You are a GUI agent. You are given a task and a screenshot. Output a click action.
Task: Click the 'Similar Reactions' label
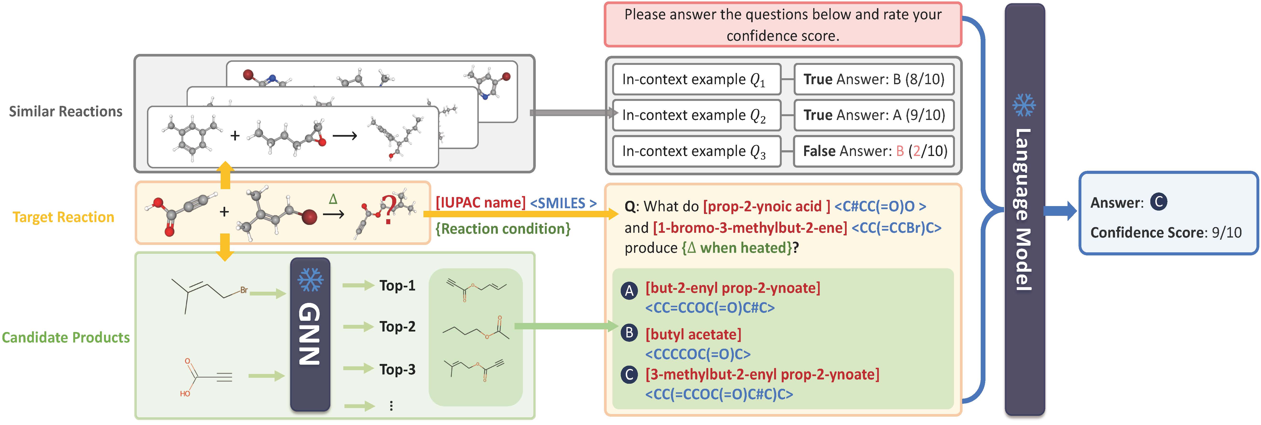coord(66,112)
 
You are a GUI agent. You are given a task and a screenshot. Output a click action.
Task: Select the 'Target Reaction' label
coord(63,217)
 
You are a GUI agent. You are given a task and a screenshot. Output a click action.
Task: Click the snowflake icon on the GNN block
coord(310,279)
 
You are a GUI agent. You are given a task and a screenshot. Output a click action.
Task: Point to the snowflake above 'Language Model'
coord(1024,105)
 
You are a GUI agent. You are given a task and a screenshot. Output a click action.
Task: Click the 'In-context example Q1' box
coord(696,79)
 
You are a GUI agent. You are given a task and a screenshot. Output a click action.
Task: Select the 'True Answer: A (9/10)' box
coord(874,115)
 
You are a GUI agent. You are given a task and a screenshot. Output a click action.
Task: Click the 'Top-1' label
coord(397,285)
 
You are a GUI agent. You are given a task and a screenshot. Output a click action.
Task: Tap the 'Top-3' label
coord(397,369)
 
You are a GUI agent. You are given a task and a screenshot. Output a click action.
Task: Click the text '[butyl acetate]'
coord(693,334)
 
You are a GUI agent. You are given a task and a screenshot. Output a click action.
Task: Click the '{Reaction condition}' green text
coord(503,229)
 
